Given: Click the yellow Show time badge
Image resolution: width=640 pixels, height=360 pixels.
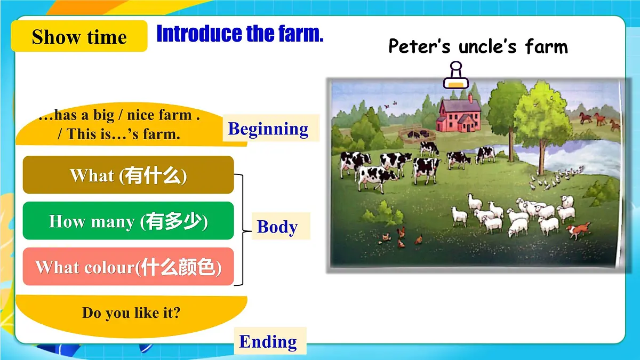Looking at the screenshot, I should click(79, 37).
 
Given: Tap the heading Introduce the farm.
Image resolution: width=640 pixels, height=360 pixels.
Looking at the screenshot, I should click(240, 34).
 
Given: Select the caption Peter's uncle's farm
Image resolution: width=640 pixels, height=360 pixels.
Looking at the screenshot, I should click(478, 46).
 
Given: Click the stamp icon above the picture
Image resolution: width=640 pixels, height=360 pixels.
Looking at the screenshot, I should click(455, 75).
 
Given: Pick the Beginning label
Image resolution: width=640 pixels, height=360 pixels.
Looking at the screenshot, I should click(268, 129).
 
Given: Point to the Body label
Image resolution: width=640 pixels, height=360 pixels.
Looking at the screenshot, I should click(277, 227).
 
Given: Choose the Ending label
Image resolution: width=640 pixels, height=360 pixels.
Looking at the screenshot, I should click(268, 341).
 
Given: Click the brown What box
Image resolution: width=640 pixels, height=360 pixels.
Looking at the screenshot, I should click(128, 175).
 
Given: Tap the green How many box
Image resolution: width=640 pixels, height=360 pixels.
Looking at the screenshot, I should click(128, 221).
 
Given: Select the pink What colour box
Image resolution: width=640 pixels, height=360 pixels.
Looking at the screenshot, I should click(128, 267).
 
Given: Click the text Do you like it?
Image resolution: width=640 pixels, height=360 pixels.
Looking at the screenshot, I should click(131, 313).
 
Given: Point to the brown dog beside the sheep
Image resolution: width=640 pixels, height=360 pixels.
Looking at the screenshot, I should click(579, 230).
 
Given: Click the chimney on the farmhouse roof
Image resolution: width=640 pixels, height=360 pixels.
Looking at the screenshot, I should click(470, 98).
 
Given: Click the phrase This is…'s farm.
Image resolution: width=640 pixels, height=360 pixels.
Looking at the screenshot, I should click(118, 134).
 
